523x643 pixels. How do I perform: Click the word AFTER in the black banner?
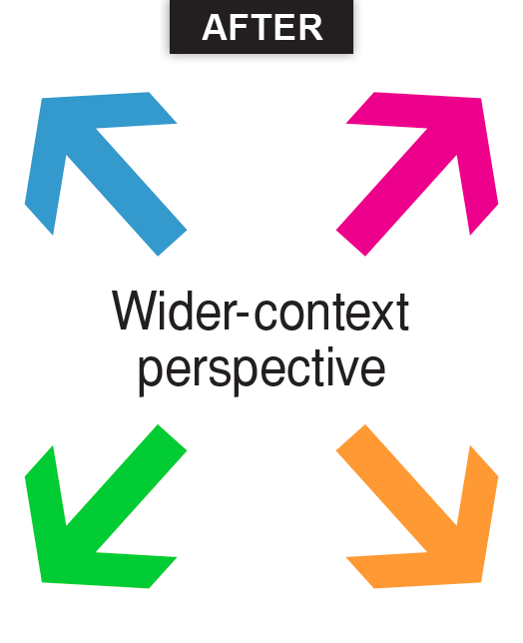pos(262,28)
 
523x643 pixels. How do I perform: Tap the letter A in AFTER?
pos(215,28)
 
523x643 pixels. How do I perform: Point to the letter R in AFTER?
pos(311,28)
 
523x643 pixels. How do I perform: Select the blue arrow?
pos(106,174)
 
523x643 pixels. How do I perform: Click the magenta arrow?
pos(417,174)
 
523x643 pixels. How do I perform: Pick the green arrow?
pos(106,506)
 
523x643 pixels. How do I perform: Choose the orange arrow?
pos(417,506)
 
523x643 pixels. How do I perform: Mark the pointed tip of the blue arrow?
pos(42,99)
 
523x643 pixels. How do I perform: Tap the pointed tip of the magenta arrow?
pos(481,99)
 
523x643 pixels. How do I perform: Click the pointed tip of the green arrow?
pos(42,581)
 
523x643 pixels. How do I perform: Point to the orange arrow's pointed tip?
pos(481,581)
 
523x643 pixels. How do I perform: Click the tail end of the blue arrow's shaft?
pos(173,244)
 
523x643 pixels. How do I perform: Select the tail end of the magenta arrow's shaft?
pos(350,244)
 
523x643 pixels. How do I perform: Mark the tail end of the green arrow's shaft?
pos(173,437)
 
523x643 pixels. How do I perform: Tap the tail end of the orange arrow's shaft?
pos(350,437)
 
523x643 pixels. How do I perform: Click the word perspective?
pos(261,371)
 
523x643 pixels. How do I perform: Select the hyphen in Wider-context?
pos(243,315)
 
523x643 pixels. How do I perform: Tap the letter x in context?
pos(379,316)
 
